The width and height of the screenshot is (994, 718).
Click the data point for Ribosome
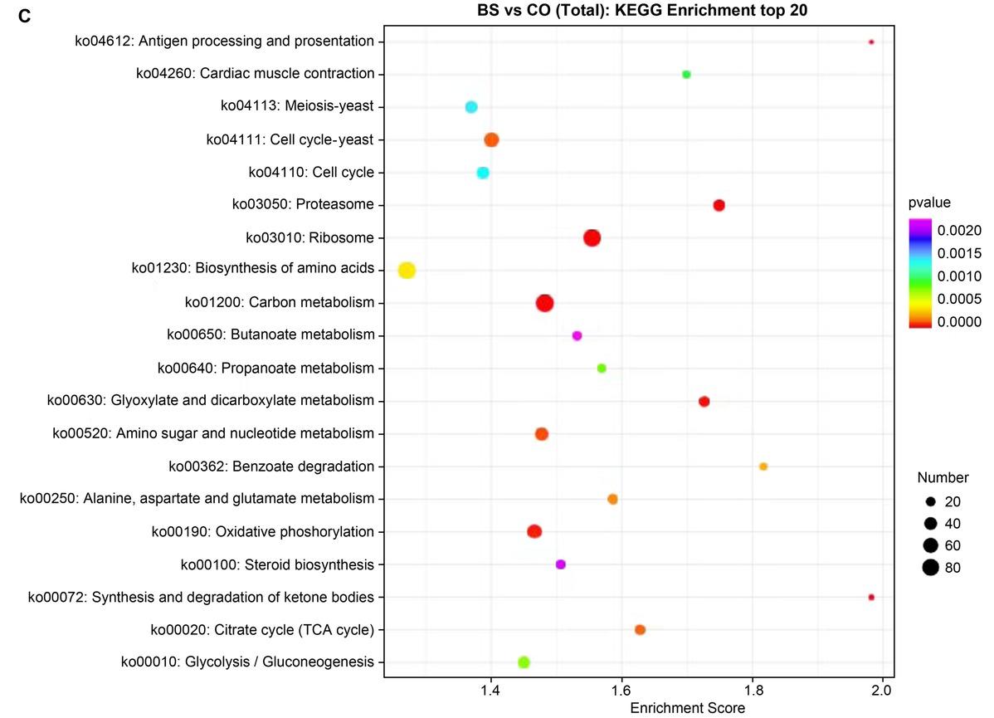[x=592, y=238]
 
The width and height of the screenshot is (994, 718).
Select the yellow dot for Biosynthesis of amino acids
[x=407, y=271]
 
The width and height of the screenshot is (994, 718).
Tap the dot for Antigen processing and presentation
[x=871, y=42]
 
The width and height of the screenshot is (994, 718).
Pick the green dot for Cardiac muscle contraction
[x=686, y=74]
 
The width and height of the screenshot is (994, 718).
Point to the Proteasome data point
[x=719, y=205]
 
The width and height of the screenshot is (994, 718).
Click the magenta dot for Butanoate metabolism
[x=577, y=335]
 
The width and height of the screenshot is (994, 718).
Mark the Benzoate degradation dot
[x=763, y=466]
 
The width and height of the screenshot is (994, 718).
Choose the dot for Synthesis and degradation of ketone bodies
[x=871, y=597]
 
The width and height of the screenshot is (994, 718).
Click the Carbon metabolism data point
[x=544, y=303]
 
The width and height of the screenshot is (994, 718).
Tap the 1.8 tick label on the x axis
[x=753, y=690]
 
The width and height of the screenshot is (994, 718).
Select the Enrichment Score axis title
[x=687, y=708]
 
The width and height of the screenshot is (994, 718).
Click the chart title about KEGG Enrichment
[x=642, y=10]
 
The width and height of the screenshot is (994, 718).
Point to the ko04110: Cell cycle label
[x=311, y=172]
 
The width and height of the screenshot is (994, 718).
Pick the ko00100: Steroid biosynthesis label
[x=278, y=564]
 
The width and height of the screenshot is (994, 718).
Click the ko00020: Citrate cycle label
[x=262, y=630]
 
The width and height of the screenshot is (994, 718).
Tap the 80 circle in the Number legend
[x=930, y=568]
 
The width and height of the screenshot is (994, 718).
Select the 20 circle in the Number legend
[x=930, y=501]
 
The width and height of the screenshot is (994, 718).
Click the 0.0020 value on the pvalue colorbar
[x=959, y=230]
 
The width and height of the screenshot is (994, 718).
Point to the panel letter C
[x=25, y=16]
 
